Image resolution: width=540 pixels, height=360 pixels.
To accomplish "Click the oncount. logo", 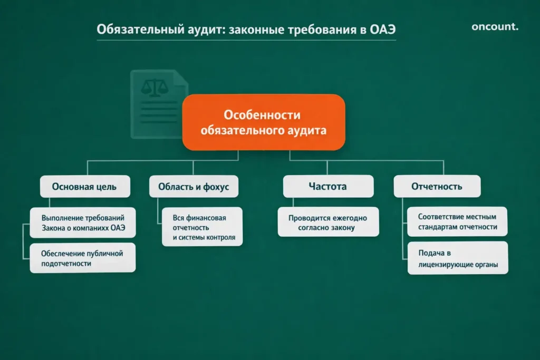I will pyautogui.click(x=495, y=27).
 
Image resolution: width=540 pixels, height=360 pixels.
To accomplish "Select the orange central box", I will pyautogui.click(x=263, y=122).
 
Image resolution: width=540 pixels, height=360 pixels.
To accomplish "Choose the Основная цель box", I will pyautogui.click(x=84, y=187).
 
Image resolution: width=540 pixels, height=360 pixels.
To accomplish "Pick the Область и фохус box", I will pyautogui.click(x=194, y=187).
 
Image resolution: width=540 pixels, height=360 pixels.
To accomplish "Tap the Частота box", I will pyautogui.click(x=327, y=187).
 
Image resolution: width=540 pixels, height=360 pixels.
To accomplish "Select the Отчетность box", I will pyautogui.click(x=437, y=187).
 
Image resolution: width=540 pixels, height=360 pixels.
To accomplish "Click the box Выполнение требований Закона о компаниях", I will pyautogui.click(x=83, y=223).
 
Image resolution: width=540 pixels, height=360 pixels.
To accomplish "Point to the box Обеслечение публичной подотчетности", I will pyautogui.click(x=82, y=258).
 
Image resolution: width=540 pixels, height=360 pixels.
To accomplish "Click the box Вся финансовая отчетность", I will pyautogui.click(x=202, y=227).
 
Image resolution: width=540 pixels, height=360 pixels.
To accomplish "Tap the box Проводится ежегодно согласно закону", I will pyautogui.click(x=327, y=222).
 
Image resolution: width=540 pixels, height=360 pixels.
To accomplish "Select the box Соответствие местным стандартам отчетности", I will pyautogui.click(x=457, y=221).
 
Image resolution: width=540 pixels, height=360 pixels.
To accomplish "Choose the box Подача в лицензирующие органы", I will pyautogui.click(x=457, y=258).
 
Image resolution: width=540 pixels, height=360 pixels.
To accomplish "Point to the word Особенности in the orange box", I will pyautogui.click(x=262, y=114).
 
